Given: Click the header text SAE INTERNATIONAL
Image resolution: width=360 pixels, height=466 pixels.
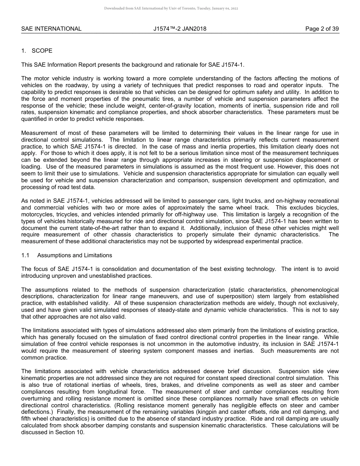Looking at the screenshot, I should click(x=51, y=29).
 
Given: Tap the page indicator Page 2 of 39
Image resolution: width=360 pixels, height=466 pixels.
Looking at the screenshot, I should click(x=322, y=29).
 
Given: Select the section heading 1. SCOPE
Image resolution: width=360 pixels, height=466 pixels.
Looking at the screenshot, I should click(x=37, y=51).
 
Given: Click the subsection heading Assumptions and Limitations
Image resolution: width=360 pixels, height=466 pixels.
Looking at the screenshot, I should click(x=74, y=256).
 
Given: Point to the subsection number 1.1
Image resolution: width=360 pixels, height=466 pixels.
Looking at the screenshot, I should click(x=25, y=256).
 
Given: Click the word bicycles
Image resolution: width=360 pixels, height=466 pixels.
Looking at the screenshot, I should click(x=326, y=208).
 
